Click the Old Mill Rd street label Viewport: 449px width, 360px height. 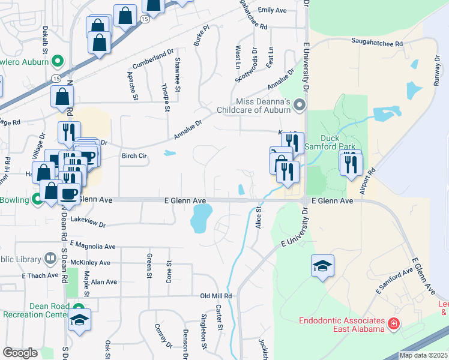(216, 296)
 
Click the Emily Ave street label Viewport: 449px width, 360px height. (273, 10)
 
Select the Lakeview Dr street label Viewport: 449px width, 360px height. (88, 223)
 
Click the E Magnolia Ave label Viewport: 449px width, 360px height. (92, 245)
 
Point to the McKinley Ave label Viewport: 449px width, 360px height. (90, 263)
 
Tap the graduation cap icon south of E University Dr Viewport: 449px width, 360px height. (322, 266)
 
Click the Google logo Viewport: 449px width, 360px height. (20, 353)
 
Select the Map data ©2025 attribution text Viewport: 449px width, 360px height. (423, 355)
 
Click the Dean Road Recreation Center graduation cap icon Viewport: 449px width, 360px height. (79, 319)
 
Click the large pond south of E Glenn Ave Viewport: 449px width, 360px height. (201, 218)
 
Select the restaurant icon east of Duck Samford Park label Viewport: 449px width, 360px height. (351, 163)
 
